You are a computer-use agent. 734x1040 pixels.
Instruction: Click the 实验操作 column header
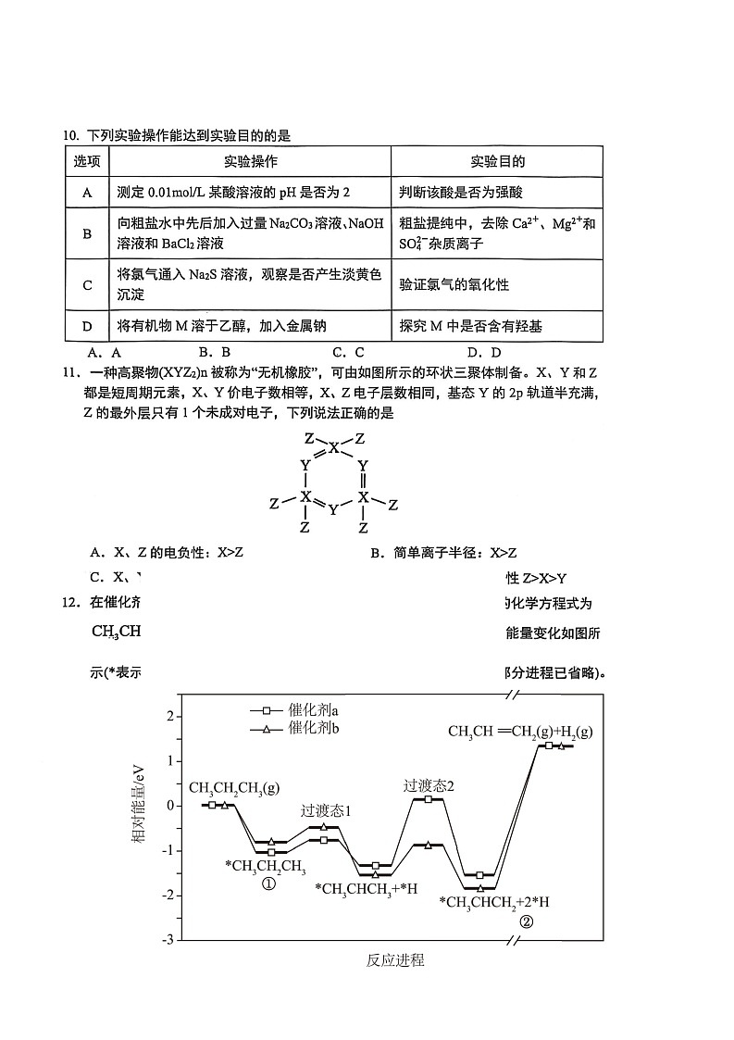point(250,161)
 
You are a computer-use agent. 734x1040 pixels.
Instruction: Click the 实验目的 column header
point(497,161)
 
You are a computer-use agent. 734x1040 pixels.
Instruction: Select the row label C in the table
point(88,285)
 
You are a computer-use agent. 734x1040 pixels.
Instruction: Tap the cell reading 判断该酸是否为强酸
point(462,193)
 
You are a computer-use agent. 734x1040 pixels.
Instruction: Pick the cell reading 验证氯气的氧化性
point(454,285)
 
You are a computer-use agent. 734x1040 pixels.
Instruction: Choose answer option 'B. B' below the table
point(214,352)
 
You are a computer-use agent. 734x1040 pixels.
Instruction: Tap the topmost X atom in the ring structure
point(334,448)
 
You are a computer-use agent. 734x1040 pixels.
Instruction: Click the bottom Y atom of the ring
point(334,509)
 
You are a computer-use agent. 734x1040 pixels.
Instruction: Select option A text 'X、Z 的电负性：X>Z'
point(166,553)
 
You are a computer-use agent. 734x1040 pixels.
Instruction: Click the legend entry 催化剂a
point(313,710)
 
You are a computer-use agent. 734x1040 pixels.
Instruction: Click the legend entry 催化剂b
point(313,729)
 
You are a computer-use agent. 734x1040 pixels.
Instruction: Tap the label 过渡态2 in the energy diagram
point(429,785)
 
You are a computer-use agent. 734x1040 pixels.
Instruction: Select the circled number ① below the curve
point(268,883)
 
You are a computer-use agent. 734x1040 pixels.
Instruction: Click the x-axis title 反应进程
point(395,960)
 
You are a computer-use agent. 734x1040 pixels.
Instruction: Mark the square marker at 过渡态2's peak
point(429,798)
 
